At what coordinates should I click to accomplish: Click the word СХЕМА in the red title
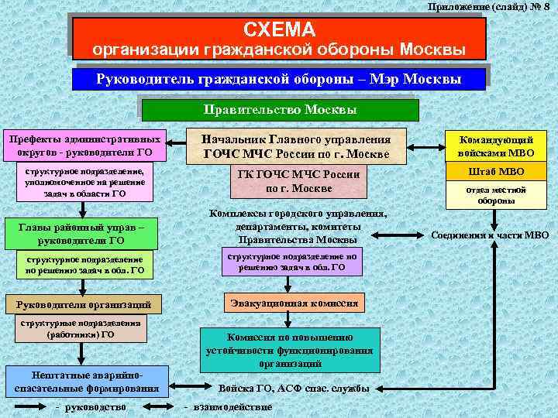point(279,30)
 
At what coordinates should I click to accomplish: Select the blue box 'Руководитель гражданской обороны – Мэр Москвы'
point(278,79)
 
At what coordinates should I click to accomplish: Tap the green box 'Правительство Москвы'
point(280,109)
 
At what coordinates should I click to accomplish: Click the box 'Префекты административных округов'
point(85,145)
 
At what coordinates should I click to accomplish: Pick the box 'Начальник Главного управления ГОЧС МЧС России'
point(297,146)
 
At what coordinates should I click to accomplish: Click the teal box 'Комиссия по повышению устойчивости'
point(291,350)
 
